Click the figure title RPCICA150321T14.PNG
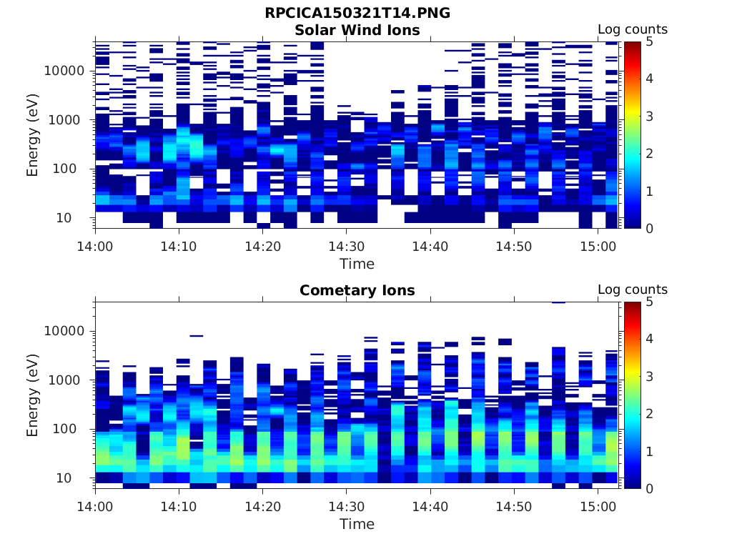coord(357,13)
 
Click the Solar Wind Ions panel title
coord(357,30)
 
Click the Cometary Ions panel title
coord(357,290)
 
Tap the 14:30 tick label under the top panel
coord(346,246)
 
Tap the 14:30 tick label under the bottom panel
coord(346,506)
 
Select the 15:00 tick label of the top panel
coord(598,246)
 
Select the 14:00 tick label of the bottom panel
coord(96,506)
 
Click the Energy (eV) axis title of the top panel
coord(33,134)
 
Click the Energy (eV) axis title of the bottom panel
coord(33,395)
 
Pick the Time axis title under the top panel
coord(357,264)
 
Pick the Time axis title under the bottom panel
coord(357,524)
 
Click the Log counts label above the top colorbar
coord(633,30)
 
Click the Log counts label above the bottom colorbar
coord(633,290)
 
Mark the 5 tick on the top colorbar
coord(651,41)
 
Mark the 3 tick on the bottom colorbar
coord(651,376)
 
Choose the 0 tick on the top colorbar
coord(651,228)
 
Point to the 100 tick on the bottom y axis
coord(74,429)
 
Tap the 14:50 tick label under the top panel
coord(514,246)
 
